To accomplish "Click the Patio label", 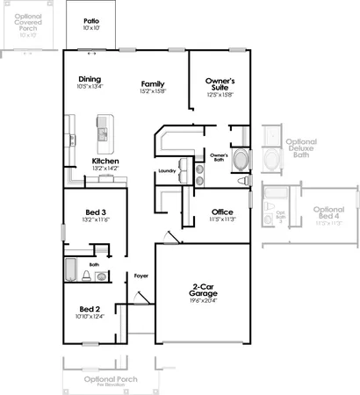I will pyautogui.click(x=90, y=19).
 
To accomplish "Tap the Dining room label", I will pyautogui.click(x=90, y=78).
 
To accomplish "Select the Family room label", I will pyautogui.click(x=154, y=84).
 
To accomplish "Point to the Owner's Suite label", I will pyautogui.click(x=220, y=85).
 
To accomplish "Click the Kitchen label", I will pyautogui.click(x=105, y=162).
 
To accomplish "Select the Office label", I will pyautogui.click(x=222, y=212).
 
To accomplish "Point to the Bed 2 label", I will pyautogui.click(x=91, y=309).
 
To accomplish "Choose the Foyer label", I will pyautogui.click(x=140, y=276).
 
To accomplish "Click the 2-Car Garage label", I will pyautogui.click(x=206, y=290).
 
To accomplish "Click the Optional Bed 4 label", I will pyautogui.click(x=328, y=214).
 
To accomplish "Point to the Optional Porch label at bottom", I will pyautogui.click(x=106, y=378).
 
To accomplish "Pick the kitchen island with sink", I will pyautogui.click(x=105, y=130).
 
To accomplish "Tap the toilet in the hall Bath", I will pyautogui.click(x=87, y=276).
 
